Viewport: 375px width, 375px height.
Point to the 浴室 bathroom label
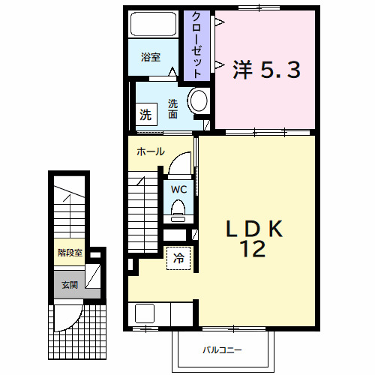(x=151, y=57)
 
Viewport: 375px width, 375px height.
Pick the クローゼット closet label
(x=196, y=45)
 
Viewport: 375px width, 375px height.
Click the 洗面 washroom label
(x=172, y=109)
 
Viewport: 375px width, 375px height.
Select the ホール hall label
(x=150, y=151)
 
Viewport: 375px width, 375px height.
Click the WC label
(x=178, y=189)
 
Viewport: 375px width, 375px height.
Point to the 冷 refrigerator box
(x=178, y=257)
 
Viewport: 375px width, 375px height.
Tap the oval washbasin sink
(x=198, y=102)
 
